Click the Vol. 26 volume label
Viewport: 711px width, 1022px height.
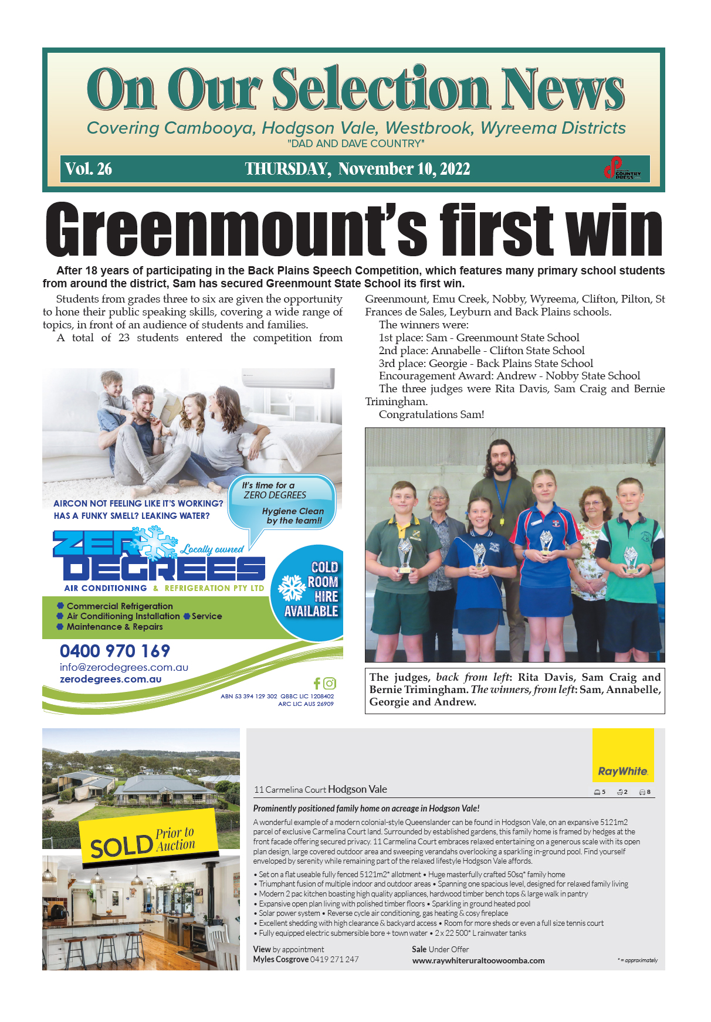[x=89, y=169]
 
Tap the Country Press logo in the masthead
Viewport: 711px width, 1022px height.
[x=622, y=168]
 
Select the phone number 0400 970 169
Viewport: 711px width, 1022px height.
[x=115, y=651]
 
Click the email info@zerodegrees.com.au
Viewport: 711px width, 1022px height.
[x=124, y=667]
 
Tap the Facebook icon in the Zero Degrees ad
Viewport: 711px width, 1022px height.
[x=317, y=683]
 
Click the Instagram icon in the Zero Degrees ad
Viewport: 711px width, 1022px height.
[x=330, y=683]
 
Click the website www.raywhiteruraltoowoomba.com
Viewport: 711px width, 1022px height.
[x=478, y=960]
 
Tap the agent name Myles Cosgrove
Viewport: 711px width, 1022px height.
[x=280, y=959]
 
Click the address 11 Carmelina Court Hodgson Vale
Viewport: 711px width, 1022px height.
[x=320, y=789]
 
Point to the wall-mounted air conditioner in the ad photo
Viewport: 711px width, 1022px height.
[x=288, y=378]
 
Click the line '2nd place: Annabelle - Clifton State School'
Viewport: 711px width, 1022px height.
[x=481, y=351]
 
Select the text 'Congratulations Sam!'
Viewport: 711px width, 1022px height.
[x=431, y=415]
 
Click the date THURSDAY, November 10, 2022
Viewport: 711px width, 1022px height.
[x=357, y=169]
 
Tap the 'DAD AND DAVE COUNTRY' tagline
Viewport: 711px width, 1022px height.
[x=355, y=144]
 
